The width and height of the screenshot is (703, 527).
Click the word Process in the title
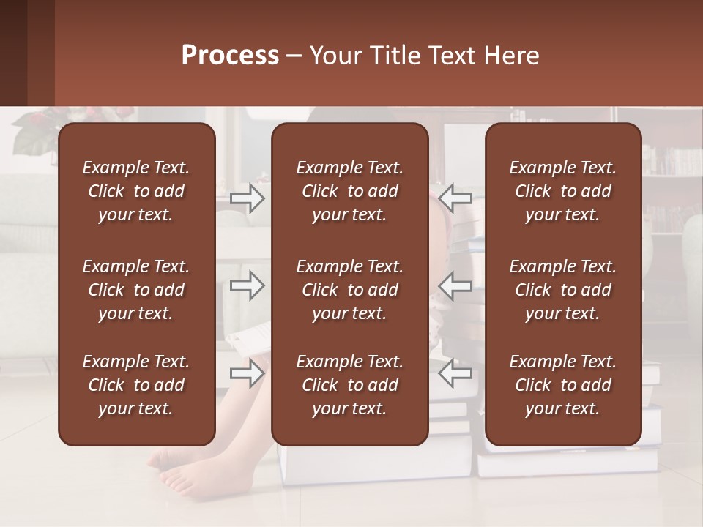[230, 56]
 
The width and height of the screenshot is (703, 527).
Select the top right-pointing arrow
[248, 198]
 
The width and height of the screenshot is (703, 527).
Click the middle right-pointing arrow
[248, 285]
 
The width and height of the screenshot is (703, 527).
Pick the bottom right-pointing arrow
[248, 374]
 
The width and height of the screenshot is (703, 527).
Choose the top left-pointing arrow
[455, 198]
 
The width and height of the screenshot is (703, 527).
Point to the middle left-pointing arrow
[455, 285]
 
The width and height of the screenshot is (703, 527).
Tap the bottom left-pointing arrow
[455, 374]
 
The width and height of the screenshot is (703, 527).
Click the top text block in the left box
[136, 191]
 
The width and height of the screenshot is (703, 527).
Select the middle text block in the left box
[136, 290]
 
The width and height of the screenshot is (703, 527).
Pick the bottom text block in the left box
[136, 385]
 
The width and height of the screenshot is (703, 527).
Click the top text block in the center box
[350, 191]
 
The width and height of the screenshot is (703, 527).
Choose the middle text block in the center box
[350, 290]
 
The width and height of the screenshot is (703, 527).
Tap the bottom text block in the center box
[350, 385]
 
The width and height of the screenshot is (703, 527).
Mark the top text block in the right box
[563, 191]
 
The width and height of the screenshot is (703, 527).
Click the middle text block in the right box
[563, 290]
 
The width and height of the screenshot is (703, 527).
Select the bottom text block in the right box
[563, 385]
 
